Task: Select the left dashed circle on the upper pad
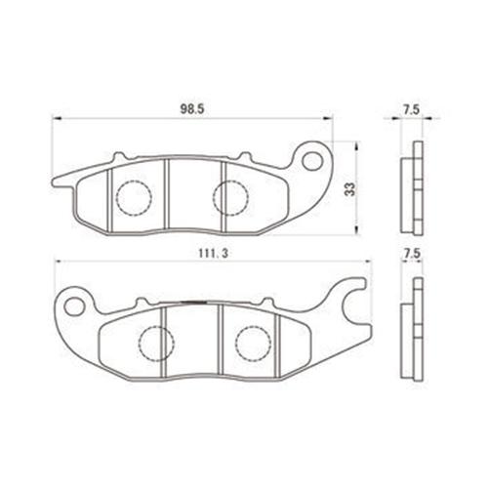[x=135, y=197]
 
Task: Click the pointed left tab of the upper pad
[x=59, y=180]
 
